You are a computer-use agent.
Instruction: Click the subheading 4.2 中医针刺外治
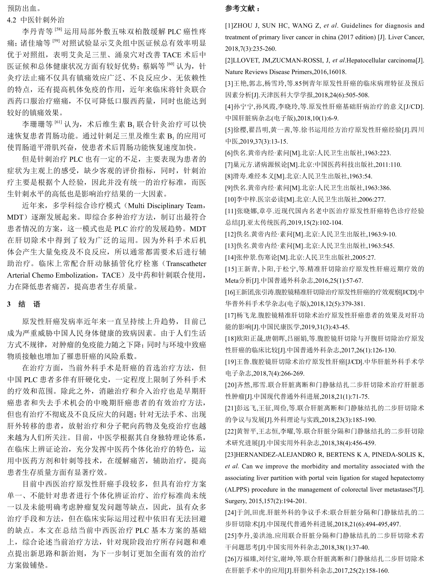tap(36, 19)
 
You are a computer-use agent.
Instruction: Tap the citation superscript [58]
tap(59, 29)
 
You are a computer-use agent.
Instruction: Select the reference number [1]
tap(229, 26)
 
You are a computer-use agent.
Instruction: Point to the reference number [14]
tap(231, 257)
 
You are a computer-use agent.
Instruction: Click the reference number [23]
tap(231, 454)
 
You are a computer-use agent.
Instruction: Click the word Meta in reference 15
tap(232, 280)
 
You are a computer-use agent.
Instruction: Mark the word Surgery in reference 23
tap(235, 501)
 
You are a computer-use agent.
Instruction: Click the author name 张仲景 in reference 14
tap(246, 257)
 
